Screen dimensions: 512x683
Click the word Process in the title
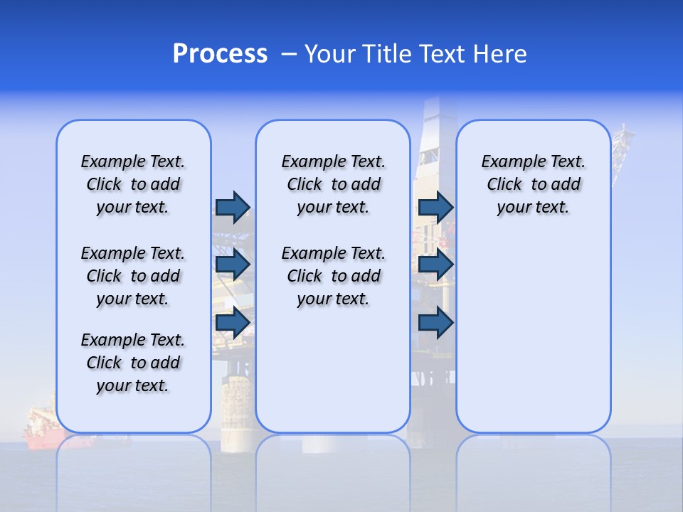point(220,54)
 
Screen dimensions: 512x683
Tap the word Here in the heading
point(501,54)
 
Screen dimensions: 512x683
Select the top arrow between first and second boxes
point(232,207)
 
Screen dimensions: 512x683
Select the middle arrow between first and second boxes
point(232,265)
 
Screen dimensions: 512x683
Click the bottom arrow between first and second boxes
point(232,323)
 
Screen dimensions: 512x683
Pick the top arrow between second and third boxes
point(435,207)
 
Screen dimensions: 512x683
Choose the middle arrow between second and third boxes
point(435,265)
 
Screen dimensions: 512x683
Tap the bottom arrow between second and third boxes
point(435,323)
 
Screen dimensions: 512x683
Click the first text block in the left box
point(133,184)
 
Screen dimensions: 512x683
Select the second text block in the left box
point(133,276)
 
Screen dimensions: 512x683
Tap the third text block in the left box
point(133,363)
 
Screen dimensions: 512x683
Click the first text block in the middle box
point(333,184)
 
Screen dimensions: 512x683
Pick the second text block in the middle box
point(333,276)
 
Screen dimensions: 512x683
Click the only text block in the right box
point(533,184)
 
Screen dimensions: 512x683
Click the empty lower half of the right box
point(533,341)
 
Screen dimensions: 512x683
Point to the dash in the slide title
point(289,54)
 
